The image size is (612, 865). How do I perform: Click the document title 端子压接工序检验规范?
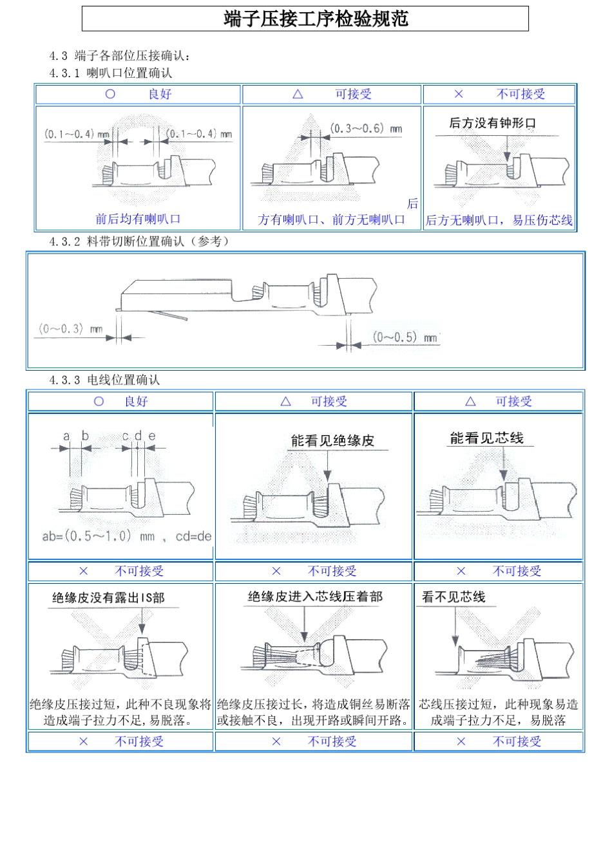[x=316, y=19]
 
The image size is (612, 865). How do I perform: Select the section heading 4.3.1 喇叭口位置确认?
[x=111, y=73]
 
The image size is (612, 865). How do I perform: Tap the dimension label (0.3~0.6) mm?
[x=365, y=129]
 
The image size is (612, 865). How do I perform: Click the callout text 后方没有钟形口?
[x=492, y=123]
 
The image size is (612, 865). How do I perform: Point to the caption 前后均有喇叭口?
[x=138, y=219]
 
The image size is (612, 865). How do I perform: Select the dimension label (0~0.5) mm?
[x=405, y=337]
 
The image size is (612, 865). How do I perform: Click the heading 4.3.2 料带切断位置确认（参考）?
[x=139, y=241]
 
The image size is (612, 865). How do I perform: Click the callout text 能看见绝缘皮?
[x=332, y=441]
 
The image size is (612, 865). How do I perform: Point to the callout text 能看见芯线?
[x=486, y=438]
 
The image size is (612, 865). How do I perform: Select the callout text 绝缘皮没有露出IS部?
[x=108, y=598]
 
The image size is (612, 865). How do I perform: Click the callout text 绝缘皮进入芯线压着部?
[x=315, y=597]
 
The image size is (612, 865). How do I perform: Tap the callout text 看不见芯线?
[x=454, y=597]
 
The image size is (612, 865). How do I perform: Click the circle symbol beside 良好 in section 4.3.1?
[x=110, y=94]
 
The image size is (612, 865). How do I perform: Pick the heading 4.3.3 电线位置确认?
[x=104, y=380]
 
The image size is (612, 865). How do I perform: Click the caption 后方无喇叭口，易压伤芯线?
[x=499, y=220]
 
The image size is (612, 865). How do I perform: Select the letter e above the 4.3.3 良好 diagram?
[x=152, y=436]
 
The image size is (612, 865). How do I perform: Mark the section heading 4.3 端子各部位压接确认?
[x=120, y=56]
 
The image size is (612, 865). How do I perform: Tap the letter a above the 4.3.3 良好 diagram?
[x=66, y=436]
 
